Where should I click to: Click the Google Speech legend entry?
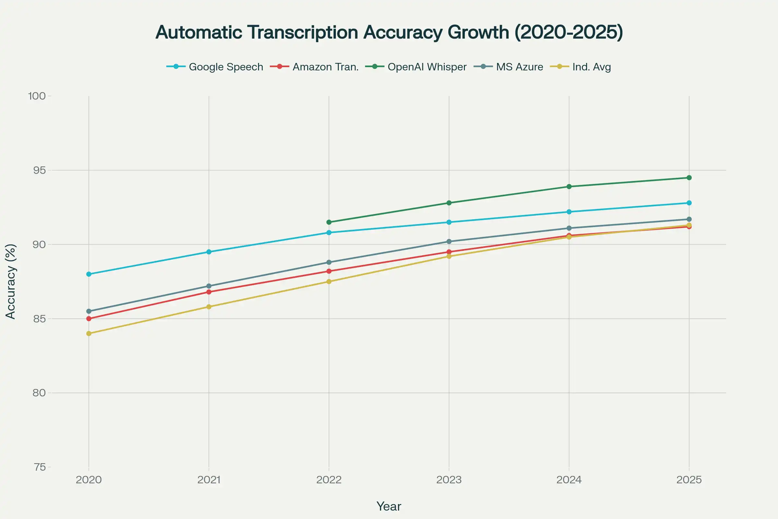pos(215,67)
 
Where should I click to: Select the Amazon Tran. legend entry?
pos(314,67)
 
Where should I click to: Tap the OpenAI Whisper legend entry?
pos(416,67)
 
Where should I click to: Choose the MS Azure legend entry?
pos(509,67)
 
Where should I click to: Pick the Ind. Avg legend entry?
pos(581,67)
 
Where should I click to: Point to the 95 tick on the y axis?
pos(39,171)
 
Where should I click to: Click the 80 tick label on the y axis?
pos(39,393)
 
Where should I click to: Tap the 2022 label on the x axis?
pos(329,480)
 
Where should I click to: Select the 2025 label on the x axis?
pos(689,480)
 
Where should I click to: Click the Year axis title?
pos(389,506)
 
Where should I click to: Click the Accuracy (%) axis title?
pos(11,281)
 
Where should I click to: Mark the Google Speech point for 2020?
pos(88,274)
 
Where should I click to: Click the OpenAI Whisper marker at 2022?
pos(329,222)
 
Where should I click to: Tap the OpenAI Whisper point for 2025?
pos(689,178)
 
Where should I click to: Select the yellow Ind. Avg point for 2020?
pos(88,333)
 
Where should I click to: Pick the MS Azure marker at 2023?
pos(449,242)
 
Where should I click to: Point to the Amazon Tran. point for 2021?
pos(209,292)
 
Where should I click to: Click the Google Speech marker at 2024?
pos(569,212)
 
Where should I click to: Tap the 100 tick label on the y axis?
pos(37,96)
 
